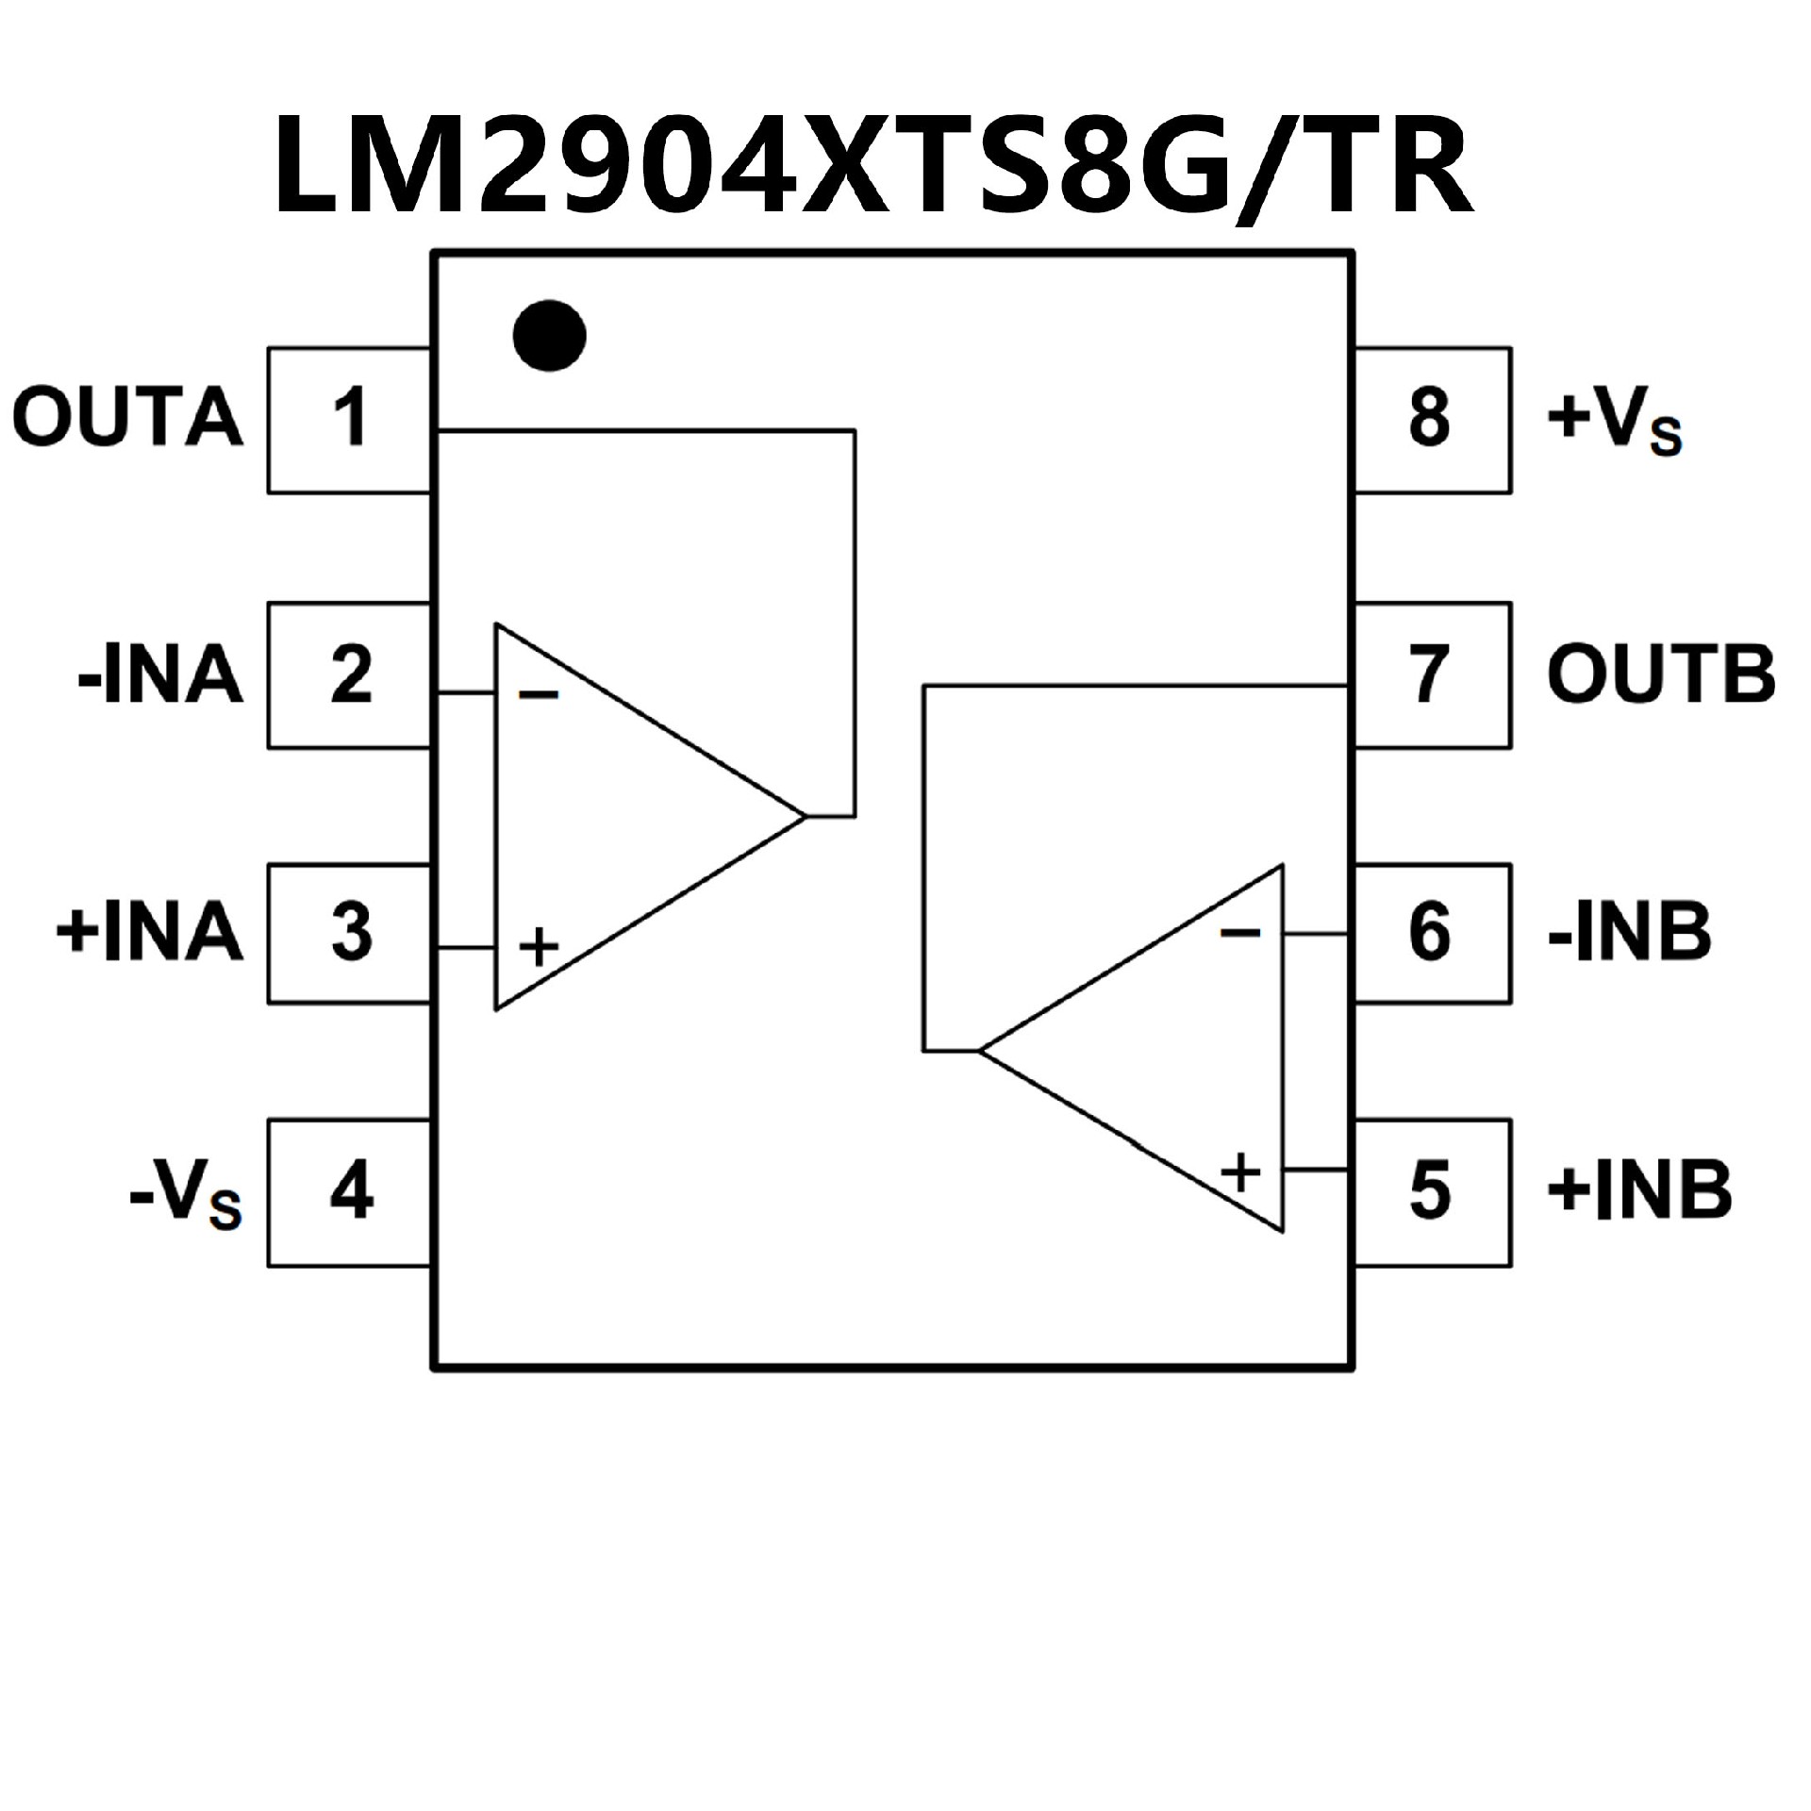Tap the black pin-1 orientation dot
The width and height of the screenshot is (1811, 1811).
click(549, 336)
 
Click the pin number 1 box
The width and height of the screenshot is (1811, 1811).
click(350, 419)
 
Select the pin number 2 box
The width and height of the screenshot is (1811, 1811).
click(350, 675)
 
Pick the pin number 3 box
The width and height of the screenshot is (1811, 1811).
click(350, 932)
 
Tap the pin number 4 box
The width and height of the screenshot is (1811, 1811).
click(350, 1192)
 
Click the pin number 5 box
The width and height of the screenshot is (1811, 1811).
click(1430, 1192)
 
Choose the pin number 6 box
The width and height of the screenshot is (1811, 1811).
click(1430, 932)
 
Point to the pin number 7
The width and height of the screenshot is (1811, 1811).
click(1430, 675)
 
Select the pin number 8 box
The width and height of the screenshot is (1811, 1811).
click(1430, 419)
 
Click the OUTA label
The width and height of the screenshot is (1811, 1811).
click(127, 417)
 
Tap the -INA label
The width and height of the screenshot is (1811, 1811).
click(160, 675)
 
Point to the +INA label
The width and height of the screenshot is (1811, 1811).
click(149, 932)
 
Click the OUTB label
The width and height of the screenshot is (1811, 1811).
click(1660, 675)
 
